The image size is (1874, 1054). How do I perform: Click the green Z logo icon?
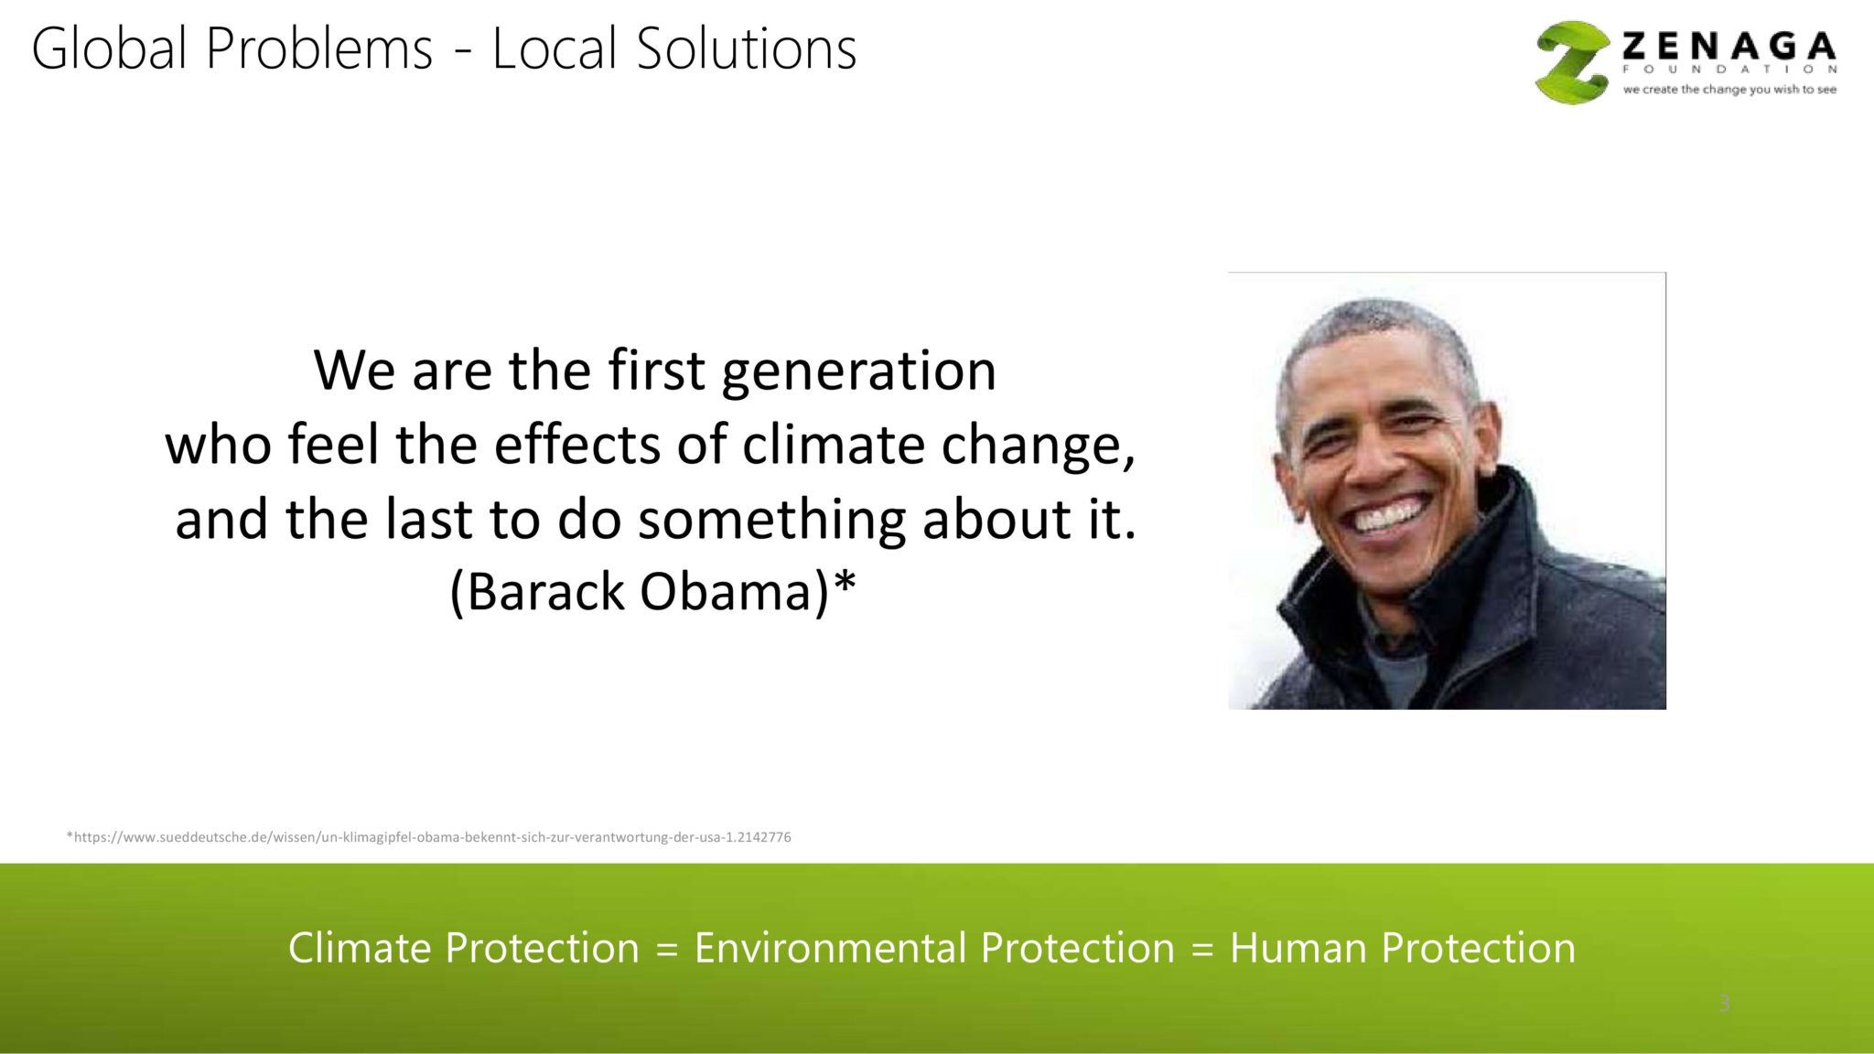(1573, 62)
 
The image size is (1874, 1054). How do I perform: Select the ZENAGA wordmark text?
(1729, 46)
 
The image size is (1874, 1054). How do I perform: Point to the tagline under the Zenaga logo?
(1729, 90)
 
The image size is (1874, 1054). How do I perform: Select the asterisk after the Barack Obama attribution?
(845, 580)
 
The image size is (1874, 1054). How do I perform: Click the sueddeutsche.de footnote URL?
(428, 837)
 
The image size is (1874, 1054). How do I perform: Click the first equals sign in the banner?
(667, 950)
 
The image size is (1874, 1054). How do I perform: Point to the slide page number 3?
(1724, 1004)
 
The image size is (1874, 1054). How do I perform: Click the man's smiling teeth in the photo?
(1389, 516)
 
